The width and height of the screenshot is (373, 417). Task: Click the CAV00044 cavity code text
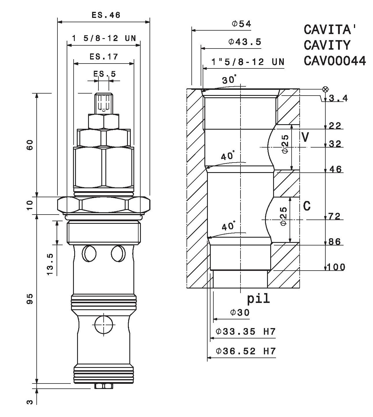335,61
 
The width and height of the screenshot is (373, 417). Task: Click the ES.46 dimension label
106,15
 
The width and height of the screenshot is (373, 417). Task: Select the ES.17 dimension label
104,56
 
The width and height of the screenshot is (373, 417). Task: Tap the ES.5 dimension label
105,74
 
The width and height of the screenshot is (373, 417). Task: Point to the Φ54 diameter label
242,24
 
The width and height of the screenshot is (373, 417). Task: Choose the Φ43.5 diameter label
245,42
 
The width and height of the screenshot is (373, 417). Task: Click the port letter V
305,137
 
